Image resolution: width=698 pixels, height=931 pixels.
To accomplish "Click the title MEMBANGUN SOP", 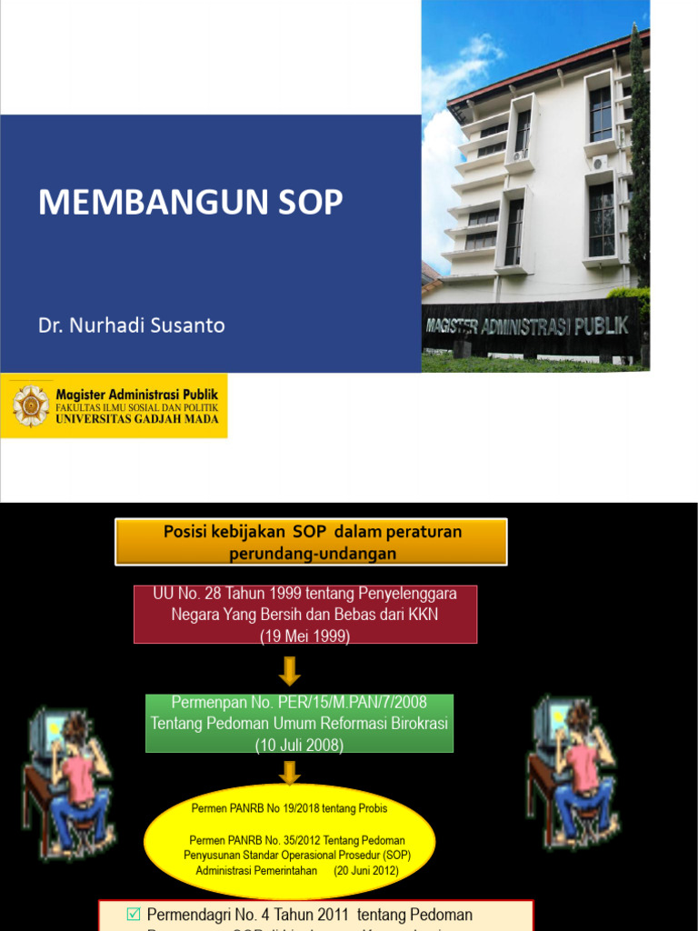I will (x=190, y=203).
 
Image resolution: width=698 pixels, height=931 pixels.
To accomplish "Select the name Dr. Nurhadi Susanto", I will (x=132, y=325).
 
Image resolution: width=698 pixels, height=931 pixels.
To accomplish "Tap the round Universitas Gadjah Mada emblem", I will (x=31, y=405).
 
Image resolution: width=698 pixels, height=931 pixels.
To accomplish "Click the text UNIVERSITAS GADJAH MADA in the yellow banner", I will (x=143, y=419).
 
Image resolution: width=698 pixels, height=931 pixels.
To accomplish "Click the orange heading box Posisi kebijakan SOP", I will (x=311, y=542).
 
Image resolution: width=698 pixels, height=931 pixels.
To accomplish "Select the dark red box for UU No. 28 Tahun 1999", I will (x=305, y=615).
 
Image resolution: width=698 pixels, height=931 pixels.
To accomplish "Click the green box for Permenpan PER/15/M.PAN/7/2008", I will (x=299, y=724).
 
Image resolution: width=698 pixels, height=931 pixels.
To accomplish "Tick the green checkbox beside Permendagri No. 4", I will (x=134, y=914).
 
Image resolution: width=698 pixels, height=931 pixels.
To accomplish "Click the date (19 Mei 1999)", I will (x=305, y=636).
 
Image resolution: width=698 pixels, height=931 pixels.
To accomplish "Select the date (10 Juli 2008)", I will (x=299, y=745).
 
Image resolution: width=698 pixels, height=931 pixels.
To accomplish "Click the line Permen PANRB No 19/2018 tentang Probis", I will (x=289, y=808).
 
